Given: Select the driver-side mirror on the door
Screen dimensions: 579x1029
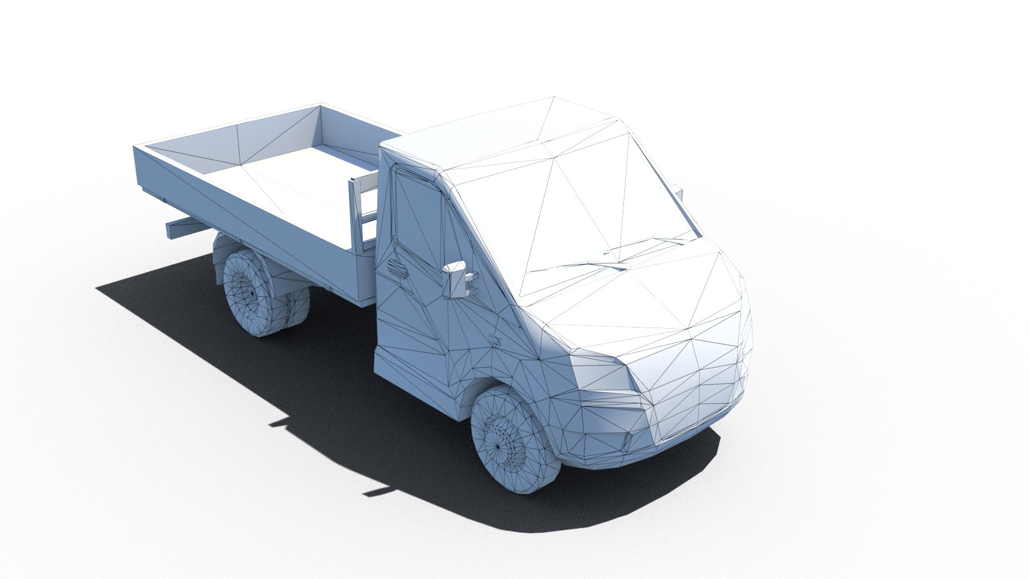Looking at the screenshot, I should point(457,279).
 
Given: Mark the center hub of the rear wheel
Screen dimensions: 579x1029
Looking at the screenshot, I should point(253,294).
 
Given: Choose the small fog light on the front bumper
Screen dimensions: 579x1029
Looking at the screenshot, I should point(629,443).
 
